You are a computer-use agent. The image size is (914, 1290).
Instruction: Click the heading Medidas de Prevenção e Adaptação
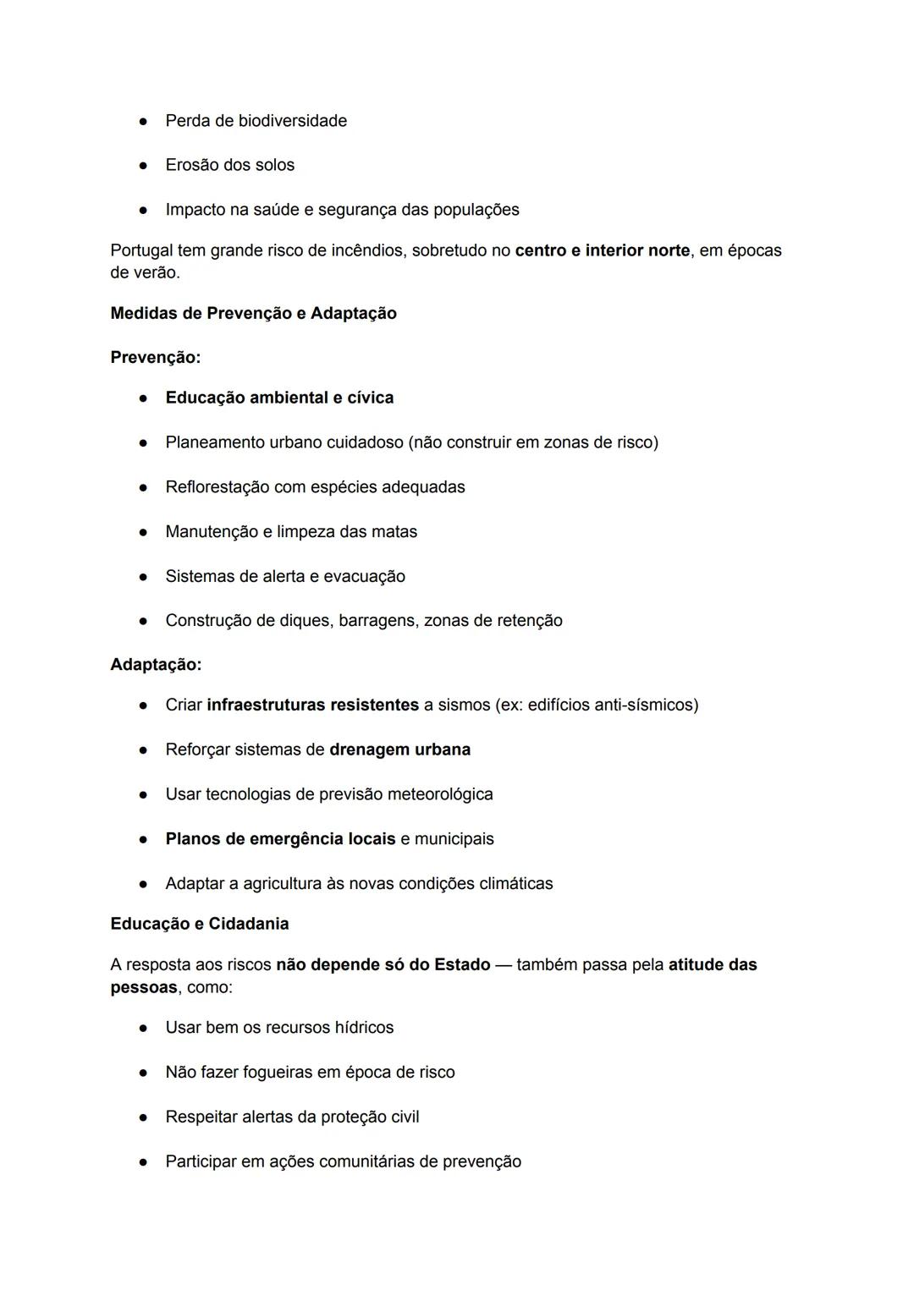tap(253, 313)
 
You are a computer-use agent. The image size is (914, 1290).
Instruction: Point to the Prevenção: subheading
tap(155, 358)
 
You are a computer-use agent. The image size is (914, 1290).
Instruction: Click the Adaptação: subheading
tap(156, 665)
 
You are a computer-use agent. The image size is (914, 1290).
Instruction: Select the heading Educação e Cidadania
tap(199, 924)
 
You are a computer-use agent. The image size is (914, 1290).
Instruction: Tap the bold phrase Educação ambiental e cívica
tap(279, 398)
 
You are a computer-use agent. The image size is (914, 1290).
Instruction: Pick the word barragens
tap(377, 621)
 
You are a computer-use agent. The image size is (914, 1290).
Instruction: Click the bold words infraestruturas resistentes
tap(312, 705)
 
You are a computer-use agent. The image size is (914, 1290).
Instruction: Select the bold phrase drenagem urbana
tap(399, 749)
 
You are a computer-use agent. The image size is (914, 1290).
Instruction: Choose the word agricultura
tap(282, 884)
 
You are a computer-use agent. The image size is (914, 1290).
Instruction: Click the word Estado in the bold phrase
tap(462, 965)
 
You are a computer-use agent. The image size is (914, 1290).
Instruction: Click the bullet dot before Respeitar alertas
tap(145, 1117)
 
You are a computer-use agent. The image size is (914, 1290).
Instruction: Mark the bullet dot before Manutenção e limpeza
tap(145, 532)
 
